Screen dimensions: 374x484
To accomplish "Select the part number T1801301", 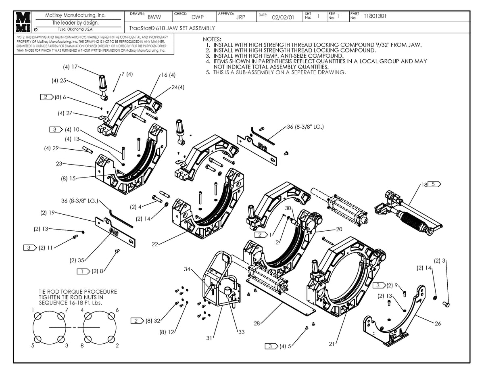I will coord(375,17).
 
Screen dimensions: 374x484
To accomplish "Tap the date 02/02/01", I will coord(283,17).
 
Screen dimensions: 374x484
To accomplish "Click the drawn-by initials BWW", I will coord(154,17).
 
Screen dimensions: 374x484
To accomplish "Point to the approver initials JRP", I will coord(240,17).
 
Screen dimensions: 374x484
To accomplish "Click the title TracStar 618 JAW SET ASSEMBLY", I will coord(172,28).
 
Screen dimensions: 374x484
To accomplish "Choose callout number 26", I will coord(438,323).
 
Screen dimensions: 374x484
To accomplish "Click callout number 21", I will coord(332,344).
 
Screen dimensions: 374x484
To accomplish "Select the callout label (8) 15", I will coord(68,178).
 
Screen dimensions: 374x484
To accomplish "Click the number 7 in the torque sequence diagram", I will coord(67,310).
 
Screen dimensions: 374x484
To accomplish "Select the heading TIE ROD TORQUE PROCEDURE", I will coord(78,291).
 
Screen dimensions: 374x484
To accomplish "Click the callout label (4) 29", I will coord(52,148).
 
